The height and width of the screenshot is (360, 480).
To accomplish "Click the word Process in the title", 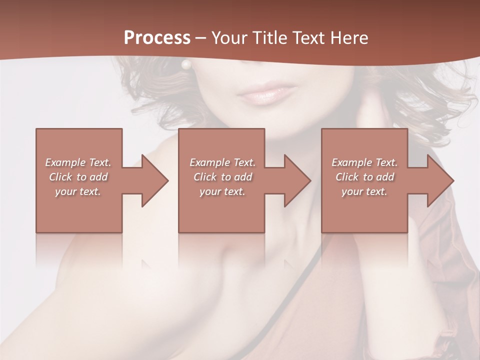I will [x=157, y=37].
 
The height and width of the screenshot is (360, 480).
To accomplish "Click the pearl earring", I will [x=186, y=64].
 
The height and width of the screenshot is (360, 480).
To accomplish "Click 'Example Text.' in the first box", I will [x=78, y=162].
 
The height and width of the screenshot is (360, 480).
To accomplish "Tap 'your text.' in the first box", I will [x=78, y=191].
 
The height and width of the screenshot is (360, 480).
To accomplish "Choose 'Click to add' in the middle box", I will [x=222, y=177].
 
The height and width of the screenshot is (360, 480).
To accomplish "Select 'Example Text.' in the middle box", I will [x=222, y=162].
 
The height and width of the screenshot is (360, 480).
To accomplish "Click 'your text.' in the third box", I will [x=364, y=191].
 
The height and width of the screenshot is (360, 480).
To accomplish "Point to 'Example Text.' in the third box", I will [x=364, y=162].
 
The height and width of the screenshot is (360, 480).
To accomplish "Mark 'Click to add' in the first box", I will [x=78, y=177].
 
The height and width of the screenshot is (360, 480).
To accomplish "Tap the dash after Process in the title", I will [x=201, y=38].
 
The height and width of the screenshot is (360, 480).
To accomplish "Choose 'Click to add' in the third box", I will [x=364, y=177].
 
